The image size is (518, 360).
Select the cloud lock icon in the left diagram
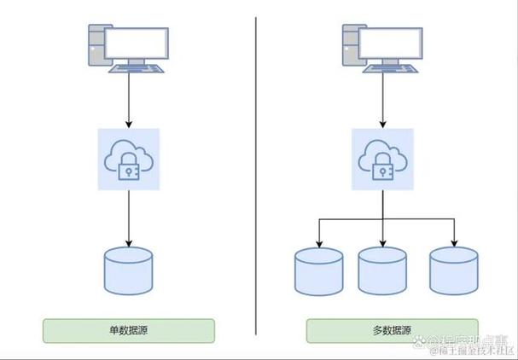coord(128,159)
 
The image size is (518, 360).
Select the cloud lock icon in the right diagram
coord(383,159)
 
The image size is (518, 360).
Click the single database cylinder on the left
coord(128,270)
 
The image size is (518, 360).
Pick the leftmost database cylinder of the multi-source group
coord(318,270)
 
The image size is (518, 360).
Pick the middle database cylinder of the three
coord(383,270)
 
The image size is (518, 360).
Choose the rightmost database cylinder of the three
coord(453,270)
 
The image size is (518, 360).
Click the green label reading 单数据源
coord(129,330)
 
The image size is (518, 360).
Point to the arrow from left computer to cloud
coord(128,101)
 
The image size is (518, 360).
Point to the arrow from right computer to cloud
coord(383,101)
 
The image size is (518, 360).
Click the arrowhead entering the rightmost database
coord(453,241)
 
